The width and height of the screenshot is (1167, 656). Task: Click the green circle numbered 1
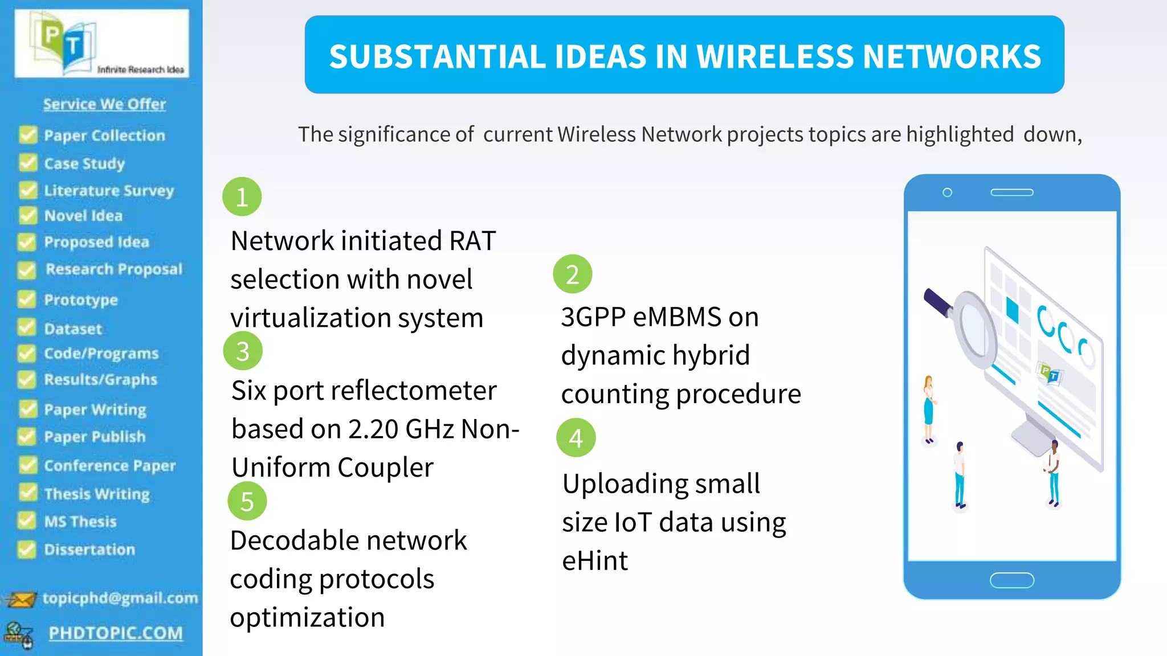point(242,197)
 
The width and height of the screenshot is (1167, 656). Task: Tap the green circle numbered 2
point(573,274)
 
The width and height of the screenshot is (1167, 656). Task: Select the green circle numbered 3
point(243,351)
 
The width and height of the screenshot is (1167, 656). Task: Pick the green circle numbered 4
point(576,438)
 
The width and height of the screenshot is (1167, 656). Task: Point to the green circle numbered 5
point(247,501)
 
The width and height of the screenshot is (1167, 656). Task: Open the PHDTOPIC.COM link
point(116,633)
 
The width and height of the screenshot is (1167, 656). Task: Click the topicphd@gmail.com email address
point(120,598)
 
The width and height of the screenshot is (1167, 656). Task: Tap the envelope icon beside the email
point(21,600)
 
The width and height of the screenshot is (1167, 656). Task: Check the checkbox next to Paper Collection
point(27,135)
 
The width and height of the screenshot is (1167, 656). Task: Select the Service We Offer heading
point(104,104)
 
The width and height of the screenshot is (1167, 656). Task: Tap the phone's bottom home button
point(1012,580)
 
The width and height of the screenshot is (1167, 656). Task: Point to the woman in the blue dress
point(929,409)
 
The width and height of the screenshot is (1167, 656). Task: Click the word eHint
point(595,561)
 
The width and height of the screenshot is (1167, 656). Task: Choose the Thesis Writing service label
point(97,494)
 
